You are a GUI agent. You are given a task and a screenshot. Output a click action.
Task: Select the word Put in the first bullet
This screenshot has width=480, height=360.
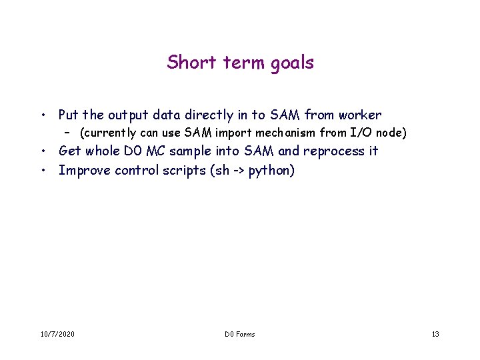pyautogui.click(x=69, y=115)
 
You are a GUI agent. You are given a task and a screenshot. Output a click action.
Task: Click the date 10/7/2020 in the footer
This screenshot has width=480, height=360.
pyautogui.click(x=57, y=334)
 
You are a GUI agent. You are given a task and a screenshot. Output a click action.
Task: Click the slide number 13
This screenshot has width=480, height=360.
pyautogui.click(x=435, y=334)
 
